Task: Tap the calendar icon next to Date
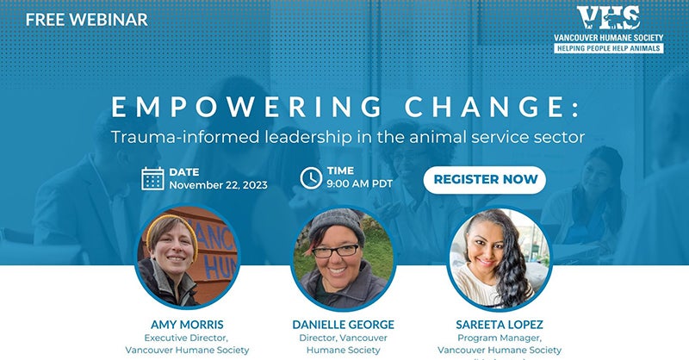click(x=152, y=178)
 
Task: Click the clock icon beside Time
click(x=310, y=178)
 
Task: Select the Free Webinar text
click(x=86, y=19)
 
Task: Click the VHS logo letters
click(x=608, y=18)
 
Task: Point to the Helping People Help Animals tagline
click(x=608, y=48)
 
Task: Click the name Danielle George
click(x=344, y=324)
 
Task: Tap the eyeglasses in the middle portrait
click(x=337, y=251)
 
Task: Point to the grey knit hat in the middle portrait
click(x=337, y=223)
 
